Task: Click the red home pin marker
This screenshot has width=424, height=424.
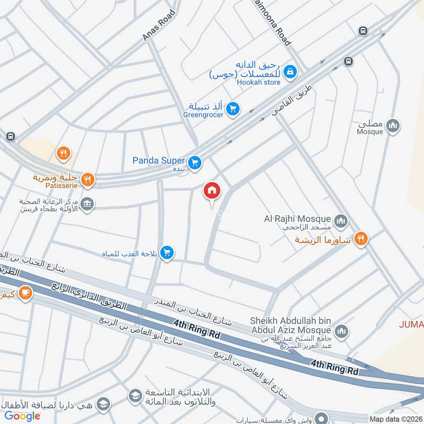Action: click(212, 191)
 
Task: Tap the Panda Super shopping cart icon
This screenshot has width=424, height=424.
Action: click(195, 163)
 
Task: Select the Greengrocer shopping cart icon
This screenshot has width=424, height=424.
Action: click(232, 110)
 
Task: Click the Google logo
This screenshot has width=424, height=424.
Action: click(23, 416)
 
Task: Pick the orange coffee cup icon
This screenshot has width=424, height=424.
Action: click(25, 291)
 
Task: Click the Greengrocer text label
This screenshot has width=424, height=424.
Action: click(204, 114)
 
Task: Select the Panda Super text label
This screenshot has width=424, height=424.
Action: click(158, 160)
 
